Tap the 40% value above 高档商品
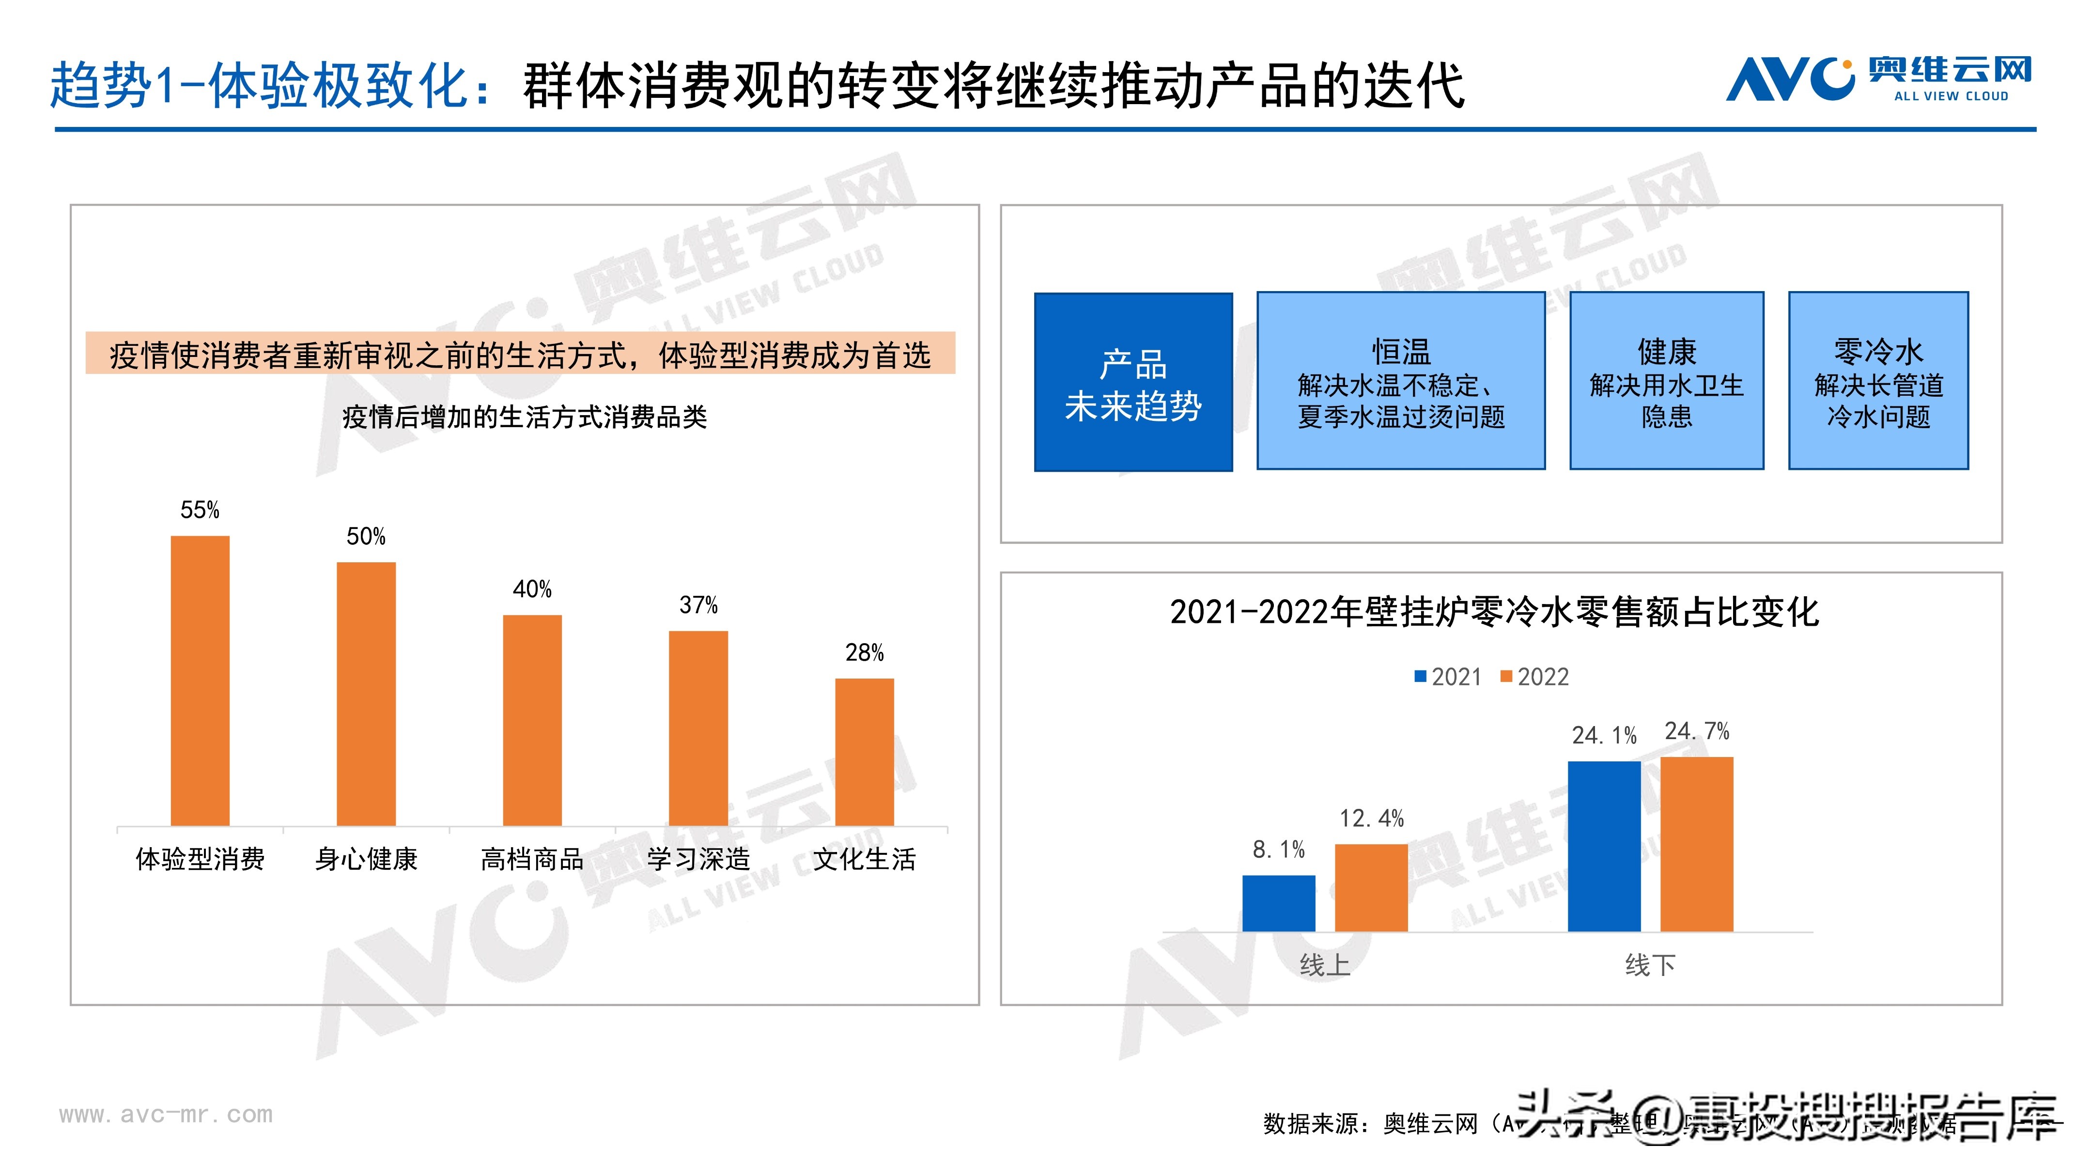(x=532, y=589)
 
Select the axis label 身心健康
(x=366, y=859)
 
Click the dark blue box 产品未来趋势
(x=1133, y=382)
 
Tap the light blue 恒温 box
(x=1400, y=381)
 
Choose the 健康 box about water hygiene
(x=1667, y=381)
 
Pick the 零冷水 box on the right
(x=1878, y=381)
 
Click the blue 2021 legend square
(x=1421, y=676)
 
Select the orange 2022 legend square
(x=1506, y=676)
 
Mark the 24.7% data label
(x=1697, y=731)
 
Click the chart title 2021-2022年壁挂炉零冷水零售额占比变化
(x=1494, y=612)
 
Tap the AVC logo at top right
(x=1878, y=79)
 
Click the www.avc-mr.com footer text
(x=166, y=1114)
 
